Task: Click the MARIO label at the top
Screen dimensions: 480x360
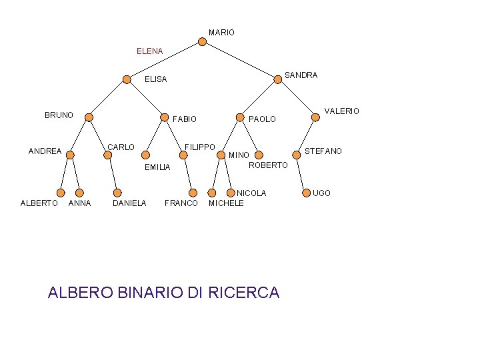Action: point(221,33)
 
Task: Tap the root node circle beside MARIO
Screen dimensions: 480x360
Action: point(203,41)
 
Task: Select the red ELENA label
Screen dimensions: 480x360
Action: point(149,51)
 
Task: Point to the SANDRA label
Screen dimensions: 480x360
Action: point(301,75)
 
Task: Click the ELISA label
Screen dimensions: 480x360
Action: point(156,79)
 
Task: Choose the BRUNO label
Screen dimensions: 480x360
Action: point(59,115)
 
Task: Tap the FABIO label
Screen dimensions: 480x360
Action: point(185,119)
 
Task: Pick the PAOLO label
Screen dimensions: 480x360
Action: point(262,119)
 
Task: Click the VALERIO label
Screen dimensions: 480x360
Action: point(341,111)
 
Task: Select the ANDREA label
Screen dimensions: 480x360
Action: point(45,151)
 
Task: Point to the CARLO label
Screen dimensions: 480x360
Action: point(121,147)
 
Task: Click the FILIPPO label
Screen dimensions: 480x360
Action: point(200,147)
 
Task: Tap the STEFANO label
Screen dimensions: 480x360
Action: point(323,151)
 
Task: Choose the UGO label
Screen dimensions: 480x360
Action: point(321,193)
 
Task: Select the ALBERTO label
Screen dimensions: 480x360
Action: point(39,203)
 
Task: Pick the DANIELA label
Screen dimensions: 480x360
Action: point(129,203)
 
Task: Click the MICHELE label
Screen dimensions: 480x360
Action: point(226,203)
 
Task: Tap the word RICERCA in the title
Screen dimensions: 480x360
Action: point(244,293)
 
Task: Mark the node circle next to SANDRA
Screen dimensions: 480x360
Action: point(277,79)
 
